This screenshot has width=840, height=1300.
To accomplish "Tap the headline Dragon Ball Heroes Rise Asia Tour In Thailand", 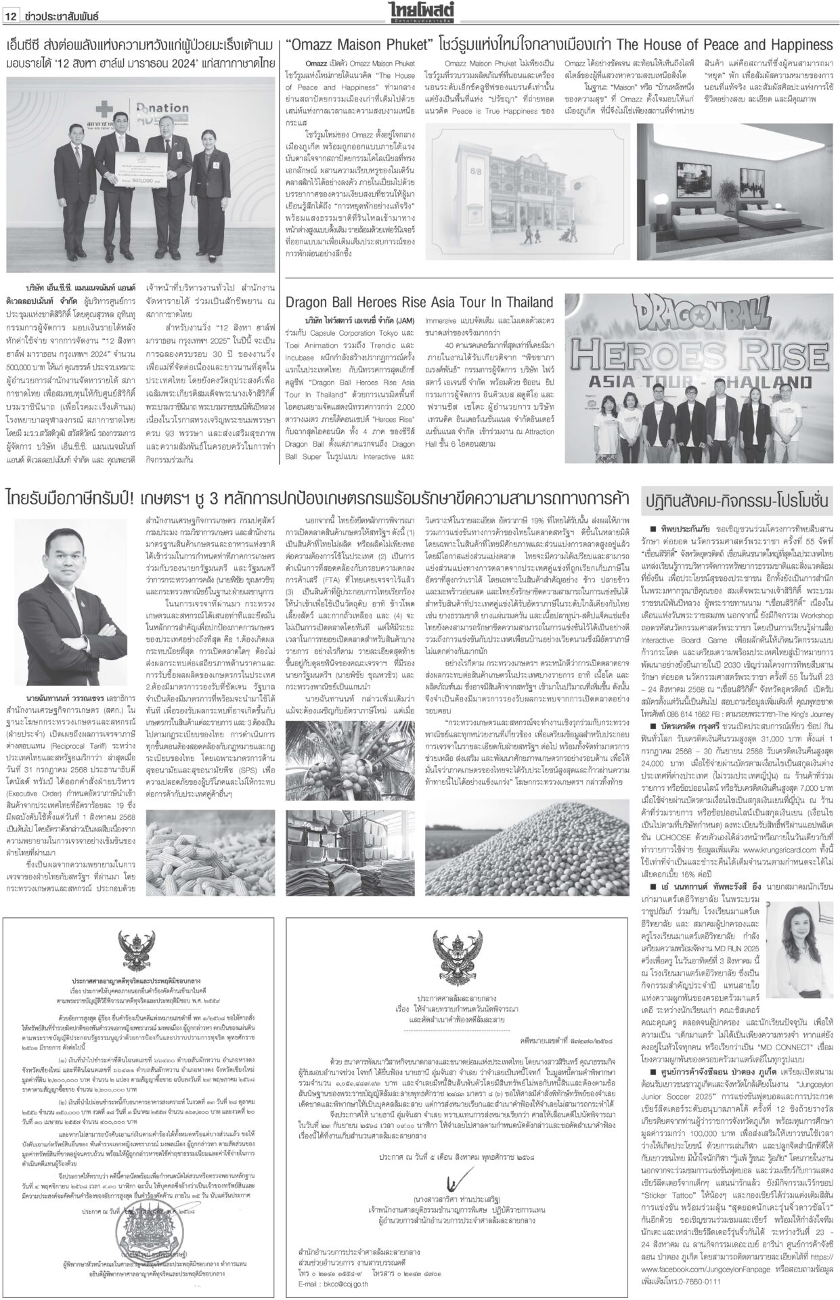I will point(420,301).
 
